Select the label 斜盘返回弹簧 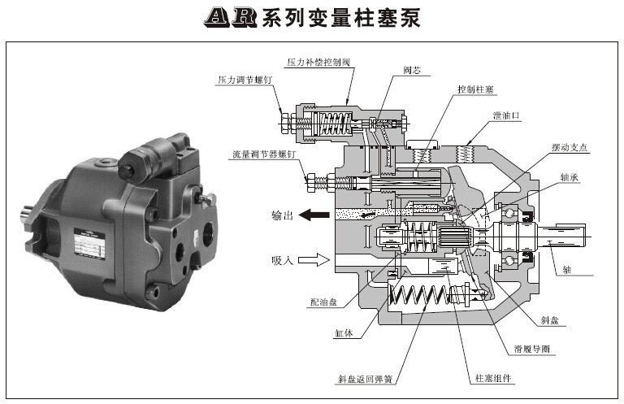pos(371,379)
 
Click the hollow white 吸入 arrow pos(312,260)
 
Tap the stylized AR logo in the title pos(230,18)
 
